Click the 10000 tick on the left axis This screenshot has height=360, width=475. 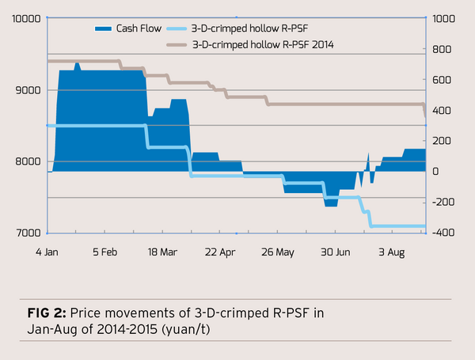(x=25, y=19)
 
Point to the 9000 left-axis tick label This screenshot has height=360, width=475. (x=28, y=90)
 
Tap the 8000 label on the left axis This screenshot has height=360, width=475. (x=28, y=161)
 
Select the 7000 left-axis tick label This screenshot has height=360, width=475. (x=28, y=233)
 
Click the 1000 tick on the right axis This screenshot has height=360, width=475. (x=443, y=19)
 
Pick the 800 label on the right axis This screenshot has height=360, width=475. (x=440, y=50)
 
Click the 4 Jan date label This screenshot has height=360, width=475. (x=48, y=253)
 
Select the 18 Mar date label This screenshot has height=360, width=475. (x=161, y=253)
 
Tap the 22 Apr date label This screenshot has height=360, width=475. (x=219, y=253)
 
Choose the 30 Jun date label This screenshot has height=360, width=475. (x=336, y=253)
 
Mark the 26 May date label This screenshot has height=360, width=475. (x=277, y=253)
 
